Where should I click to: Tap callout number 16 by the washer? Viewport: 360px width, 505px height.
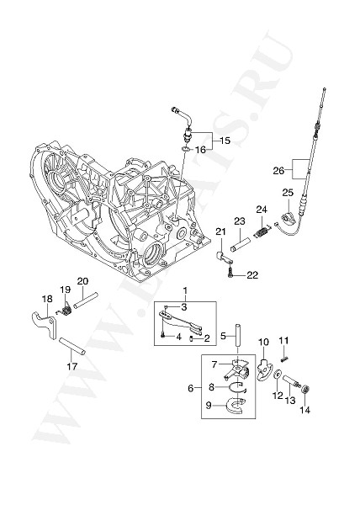point(200,149)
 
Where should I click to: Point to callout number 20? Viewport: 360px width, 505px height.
point(82,280)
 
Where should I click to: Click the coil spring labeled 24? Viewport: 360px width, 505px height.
point(262,226)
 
